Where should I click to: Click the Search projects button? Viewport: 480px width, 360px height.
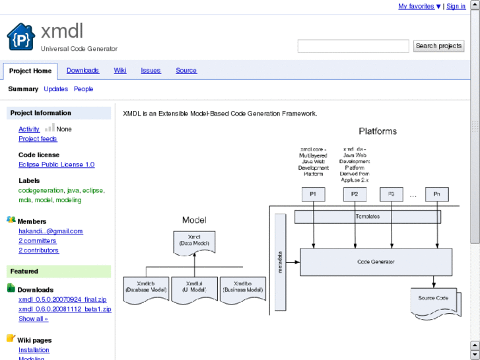click(x=438, y=46)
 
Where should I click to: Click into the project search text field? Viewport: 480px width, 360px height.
click(x=353, y=46)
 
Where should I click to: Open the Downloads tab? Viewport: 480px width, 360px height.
click(x=83, y=71)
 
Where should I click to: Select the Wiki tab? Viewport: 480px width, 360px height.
click(x=120, y=71)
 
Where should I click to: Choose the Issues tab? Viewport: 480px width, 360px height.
click(x=151, y=71)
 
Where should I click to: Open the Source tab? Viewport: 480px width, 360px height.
click(x=186, y=71)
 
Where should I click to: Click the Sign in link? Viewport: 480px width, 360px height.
click(x=456, y=7)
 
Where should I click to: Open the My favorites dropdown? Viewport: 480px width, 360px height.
click(x=419, y=7)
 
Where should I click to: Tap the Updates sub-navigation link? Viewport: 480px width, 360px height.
click(x=56, y=89)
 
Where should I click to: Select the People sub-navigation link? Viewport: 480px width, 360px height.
click(x=83, y=89)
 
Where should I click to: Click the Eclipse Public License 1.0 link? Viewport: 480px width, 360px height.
click(x=56, y=164)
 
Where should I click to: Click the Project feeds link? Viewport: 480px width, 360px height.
click(x=38, y=139)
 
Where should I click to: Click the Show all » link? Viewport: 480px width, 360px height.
click(x=33, y=318)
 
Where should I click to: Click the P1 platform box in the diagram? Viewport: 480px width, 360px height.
click(x=313, y=194)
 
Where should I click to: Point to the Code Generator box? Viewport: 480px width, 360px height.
click(x=376, y=262)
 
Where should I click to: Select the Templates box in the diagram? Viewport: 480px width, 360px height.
click(x=368, y=217)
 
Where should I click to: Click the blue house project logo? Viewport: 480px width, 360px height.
click(x=20, y=37)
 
